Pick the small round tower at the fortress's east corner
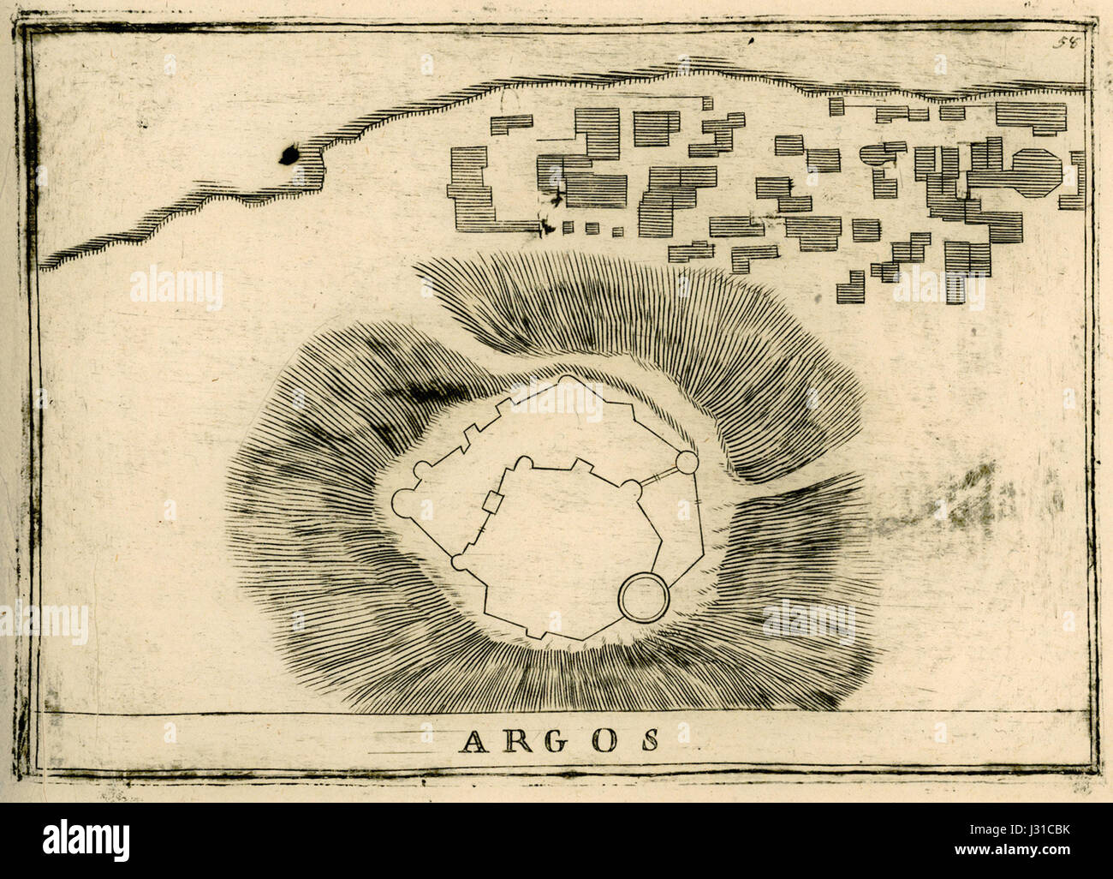(686, 463)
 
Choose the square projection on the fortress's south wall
(533, 632)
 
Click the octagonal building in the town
(1037, 168)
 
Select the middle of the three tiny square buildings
(591, 228)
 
